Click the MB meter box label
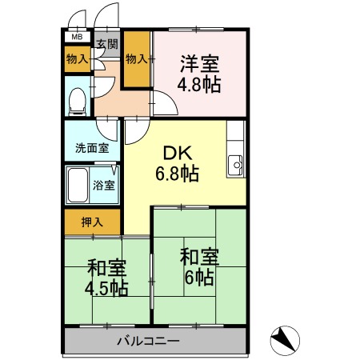click(77, 37)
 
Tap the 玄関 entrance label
click(106, 45)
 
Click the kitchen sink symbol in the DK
click(237, 166)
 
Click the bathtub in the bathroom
click(78, 186)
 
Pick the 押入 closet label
click(92, 222)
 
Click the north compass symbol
click(284, 340)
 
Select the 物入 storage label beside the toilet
click(77, 59)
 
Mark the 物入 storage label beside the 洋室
click(137, 58)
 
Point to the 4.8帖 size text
click(199, 81)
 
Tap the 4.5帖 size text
click(107, 288)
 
